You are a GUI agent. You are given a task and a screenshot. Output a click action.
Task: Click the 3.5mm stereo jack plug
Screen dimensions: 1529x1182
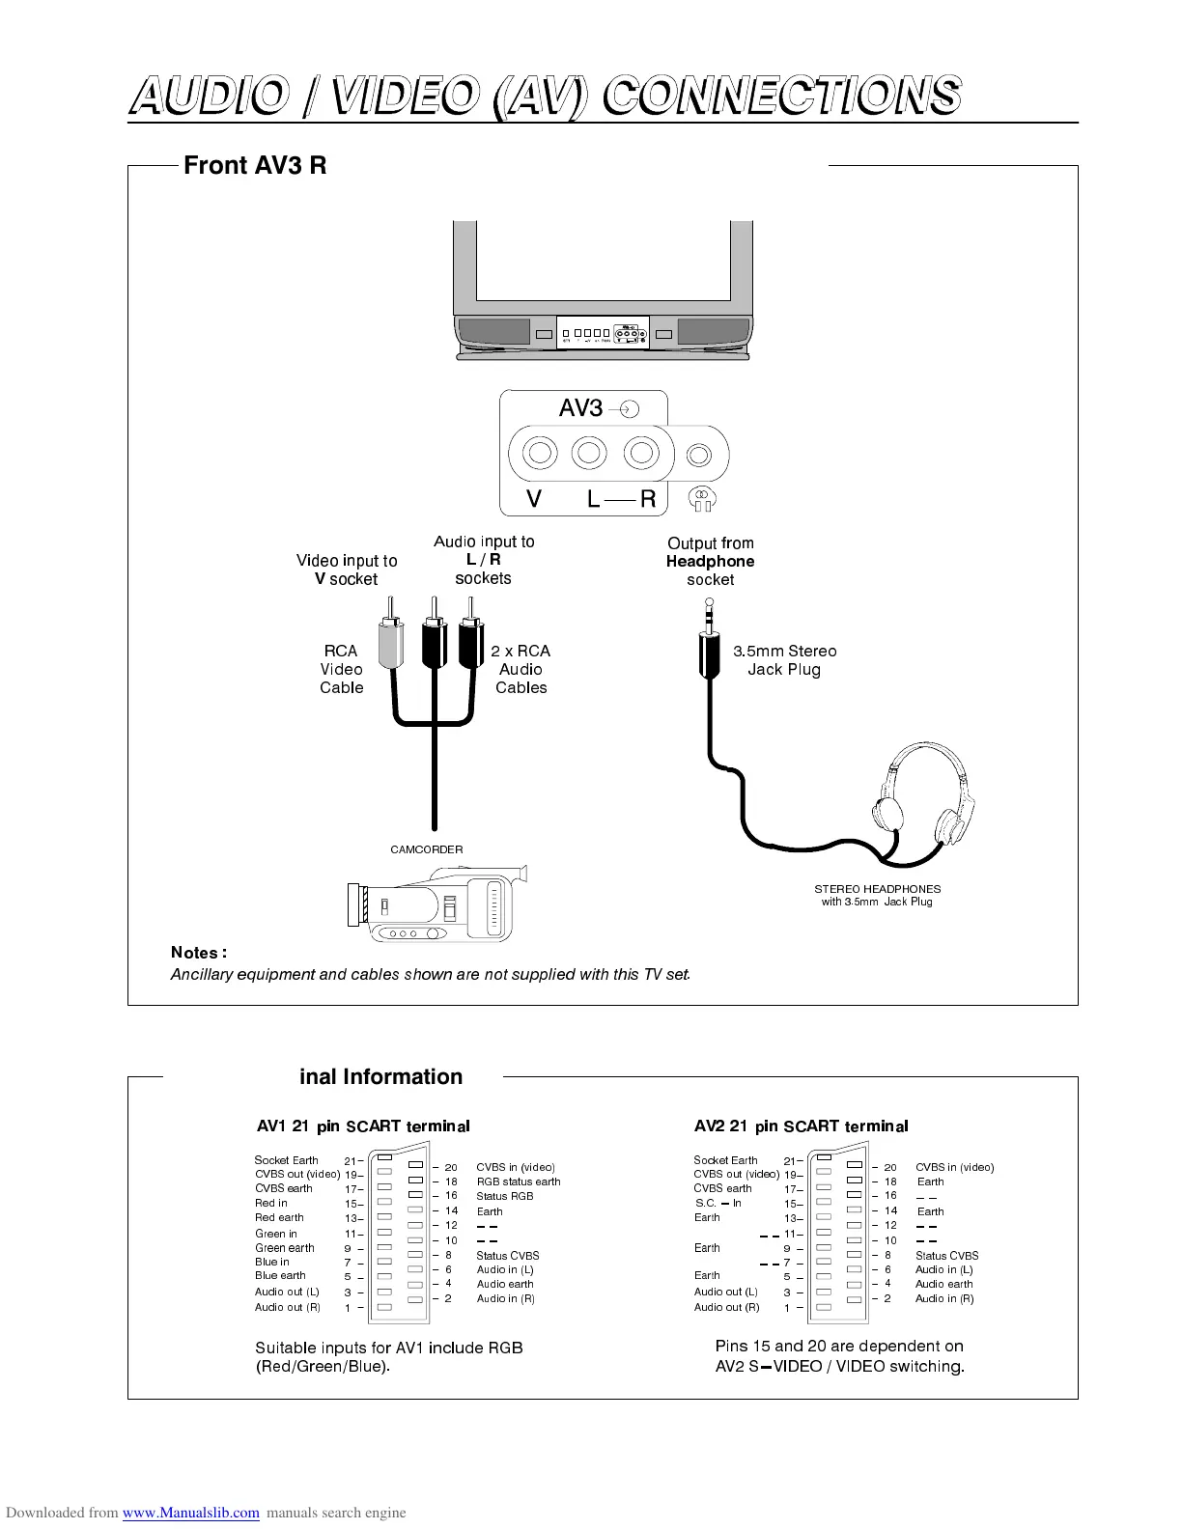click(709, 647)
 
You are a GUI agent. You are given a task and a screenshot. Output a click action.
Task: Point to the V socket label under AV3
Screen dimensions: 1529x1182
click(533, 499)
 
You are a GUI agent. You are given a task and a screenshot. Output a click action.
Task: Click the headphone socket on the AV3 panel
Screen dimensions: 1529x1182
click(698, 454)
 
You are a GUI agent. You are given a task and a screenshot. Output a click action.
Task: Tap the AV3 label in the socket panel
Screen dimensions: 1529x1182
click(580, 408)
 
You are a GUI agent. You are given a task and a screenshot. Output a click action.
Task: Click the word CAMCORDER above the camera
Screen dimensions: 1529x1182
click(426, 849)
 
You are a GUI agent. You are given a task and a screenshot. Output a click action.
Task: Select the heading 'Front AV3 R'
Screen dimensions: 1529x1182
click(255, 166)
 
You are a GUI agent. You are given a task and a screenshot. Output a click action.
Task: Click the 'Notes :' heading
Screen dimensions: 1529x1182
click(199, 953)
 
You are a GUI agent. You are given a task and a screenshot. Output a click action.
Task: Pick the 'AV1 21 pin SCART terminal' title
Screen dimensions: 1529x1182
click(363, 1126)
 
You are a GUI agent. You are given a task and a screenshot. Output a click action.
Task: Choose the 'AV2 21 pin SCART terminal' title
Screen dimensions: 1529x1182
click(801, 1126)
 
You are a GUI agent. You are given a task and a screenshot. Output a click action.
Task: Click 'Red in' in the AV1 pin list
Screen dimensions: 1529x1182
click(271, 1203)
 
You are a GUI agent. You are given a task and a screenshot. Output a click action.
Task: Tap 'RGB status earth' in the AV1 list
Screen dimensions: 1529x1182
click(518, 1181)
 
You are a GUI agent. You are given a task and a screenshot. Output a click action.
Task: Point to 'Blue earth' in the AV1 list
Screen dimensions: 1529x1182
click(280, 1275)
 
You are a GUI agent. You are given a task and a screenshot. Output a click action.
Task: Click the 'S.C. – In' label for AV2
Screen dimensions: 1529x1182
click(718, 1203)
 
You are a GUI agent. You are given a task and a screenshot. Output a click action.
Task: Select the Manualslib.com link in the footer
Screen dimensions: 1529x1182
click(190, 1513)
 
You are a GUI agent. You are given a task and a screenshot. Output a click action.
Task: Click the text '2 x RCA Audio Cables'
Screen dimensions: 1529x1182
click(521, 669)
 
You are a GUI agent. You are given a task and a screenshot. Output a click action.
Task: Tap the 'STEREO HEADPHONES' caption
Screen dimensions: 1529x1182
click(877, 889)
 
